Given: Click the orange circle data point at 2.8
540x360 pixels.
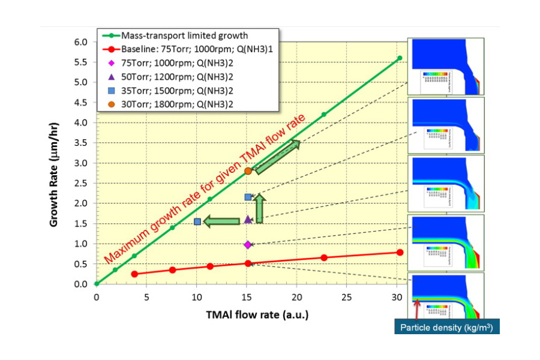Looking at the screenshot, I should tap(248, 171).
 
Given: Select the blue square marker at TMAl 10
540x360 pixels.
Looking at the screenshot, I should tap(197, 221).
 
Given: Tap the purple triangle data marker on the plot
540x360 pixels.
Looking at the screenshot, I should tap(248, 220).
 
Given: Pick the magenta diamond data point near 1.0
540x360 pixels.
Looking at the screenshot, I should tap(248, 244).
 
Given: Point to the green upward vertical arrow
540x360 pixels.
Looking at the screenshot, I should tap(259, 209).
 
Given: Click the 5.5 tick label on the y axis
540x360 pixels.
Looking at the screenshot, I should tap(80, 62).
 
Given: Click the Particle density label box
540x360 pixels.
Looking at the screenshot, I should tap(447, 328).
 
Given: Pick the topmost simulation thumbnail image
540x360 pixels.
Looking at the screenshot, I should tap(445, 66).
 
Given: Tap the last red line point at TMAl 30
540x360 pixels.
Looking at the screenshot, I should tap(400, 252).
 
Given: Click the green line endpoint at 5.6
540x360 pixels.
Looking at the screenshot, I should tap(400, 58).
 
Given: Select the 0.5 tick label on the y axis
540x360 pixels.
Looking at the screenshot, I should tap(80, 264).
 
